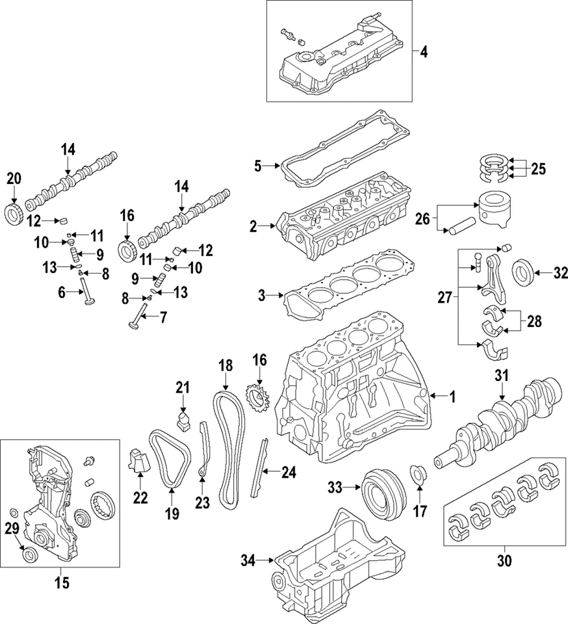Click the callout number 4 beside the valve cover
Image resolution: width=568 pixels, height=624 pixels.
(423, 51)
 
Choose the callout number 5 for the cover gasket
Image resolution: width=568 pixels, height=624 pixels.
(258, 166)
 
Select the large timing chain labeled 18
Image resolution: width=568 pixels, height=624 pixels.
(227, 448)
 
